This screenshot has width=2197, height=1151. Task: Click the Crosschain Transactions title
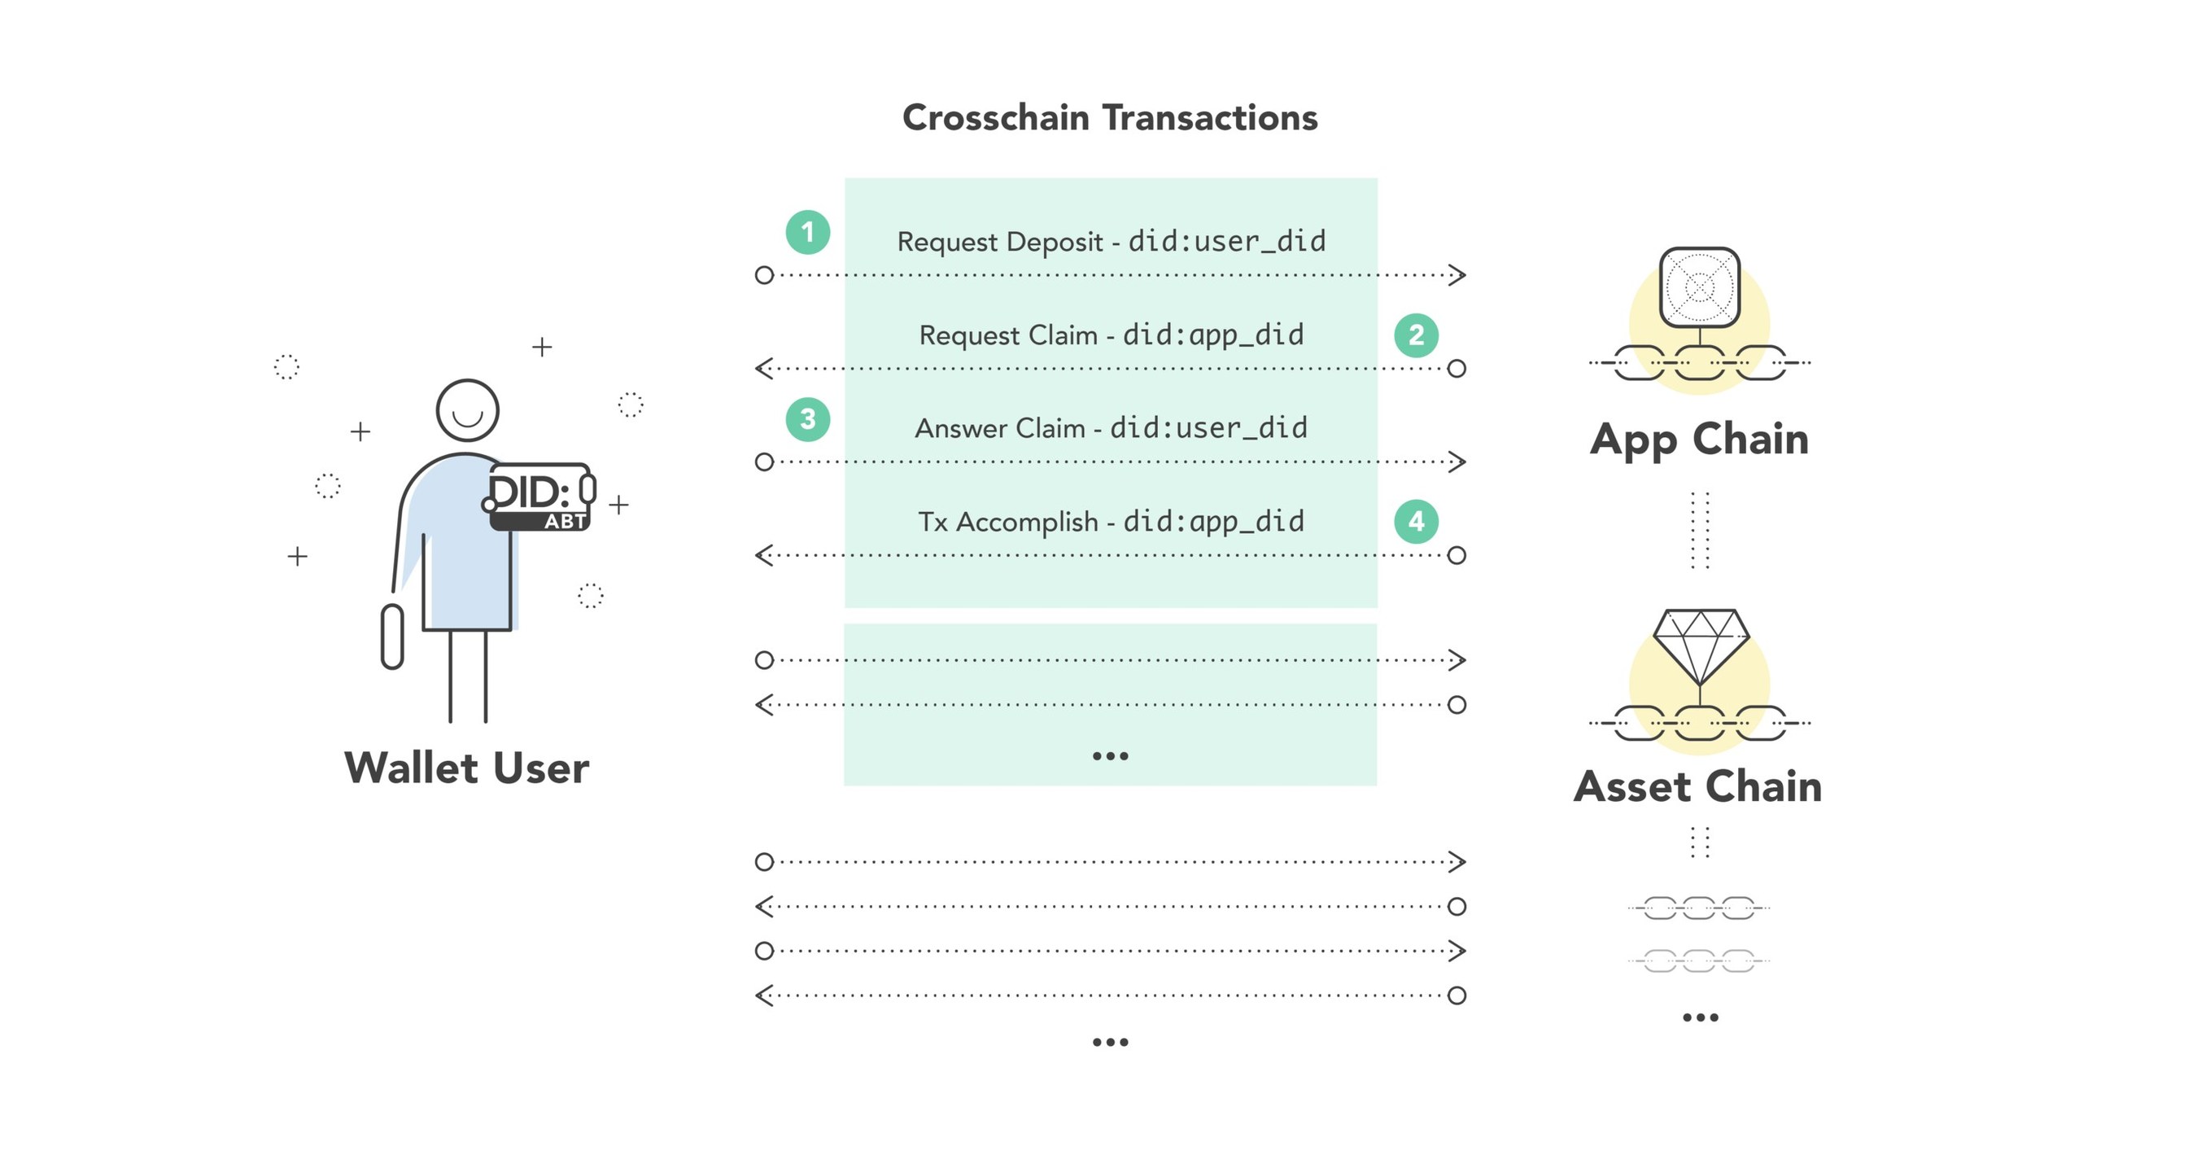(1110, 118)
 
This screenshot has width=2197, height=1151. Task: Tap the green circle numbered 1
(808, 232)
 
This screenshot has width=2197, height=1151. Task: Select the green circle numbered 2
(1416, 335)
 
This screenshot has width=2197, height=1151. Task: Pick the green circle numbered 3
(808, 419)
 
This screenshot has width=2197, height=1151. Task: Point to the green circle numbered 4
(1416, 521)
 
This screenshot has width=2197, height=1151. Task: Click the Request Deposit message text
(1111, 242)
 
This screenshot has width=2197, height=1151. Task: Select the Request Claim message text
(1111, 335)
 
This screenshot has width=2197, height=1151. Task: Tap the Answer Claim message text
(1111, 427)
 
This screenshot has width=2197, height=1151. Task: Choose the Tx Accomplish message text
(1111, 521)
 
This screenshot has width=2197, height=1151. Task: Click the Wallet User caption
(466, 768)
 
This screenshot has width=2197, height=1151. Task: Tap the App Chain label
(1699, 440)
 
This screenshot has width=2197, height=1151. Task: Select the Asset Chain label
(1698, 786)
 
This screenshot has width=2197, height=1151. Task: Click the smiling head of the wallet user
(467, 410)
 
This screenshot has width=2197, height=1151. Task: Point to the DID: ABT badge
(541, 497)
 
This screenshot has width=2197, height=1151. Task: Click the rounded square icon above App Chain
(1700, 287)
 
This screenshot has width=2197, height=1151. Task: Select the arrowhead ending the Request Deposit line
(1457, 275)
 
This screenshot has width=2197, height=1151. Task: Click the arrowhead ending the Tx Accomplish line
(763, 555)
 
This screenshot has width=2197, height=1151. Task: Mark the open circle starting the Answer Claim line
(764, 462)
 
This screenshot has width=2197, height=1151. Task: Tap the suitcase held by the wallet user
(392, 637)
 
